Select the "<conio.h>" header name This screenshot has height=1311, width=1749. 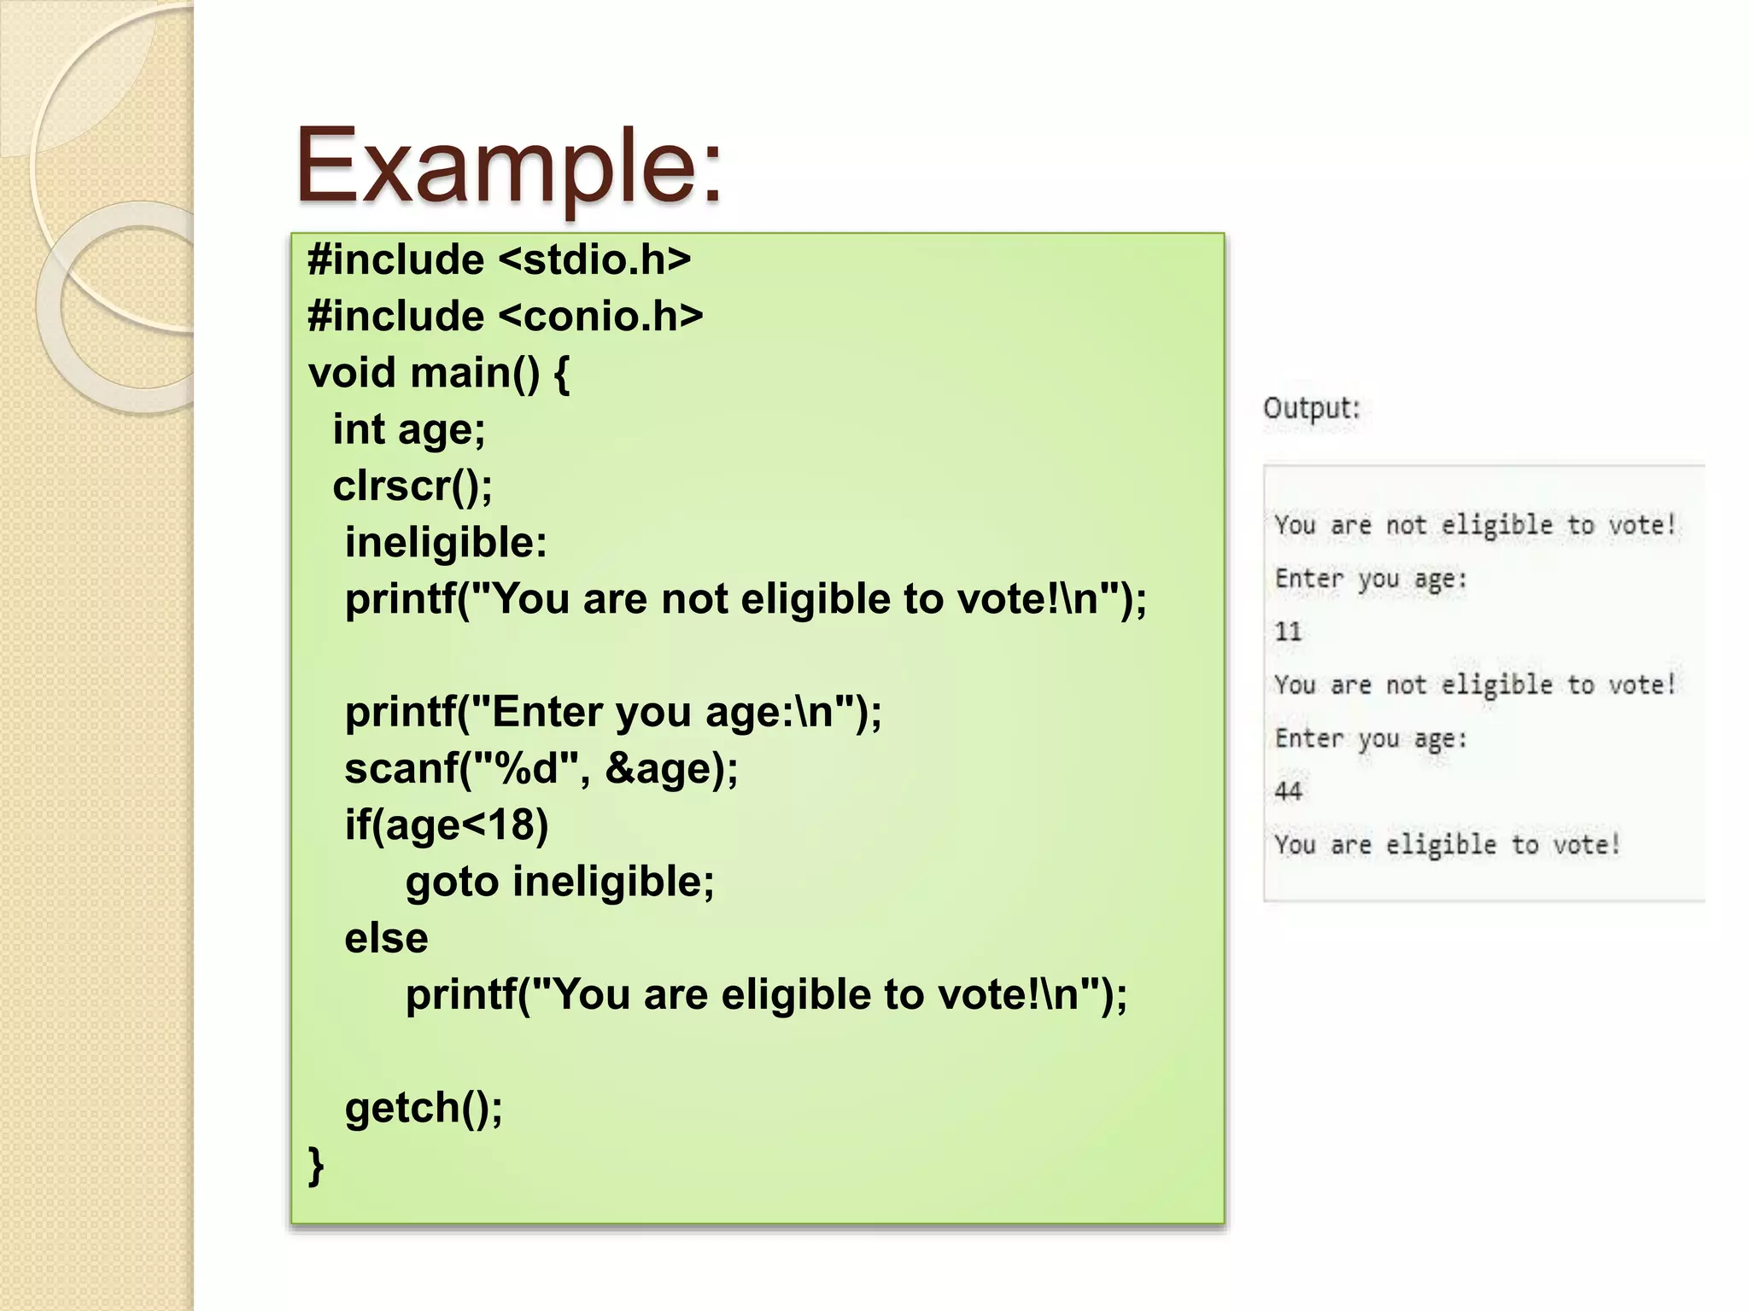pos(600,316)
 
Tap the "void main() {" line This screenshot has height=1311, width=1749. pos(439,373)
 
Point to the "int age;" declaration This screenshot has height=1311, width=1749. pos(409,429)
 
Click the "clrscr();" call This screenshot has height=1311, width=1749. pos(412,486)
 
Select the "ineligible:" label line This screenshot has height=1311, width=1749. pos(446,543)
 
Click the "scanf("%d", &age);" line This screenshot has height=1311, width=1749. pos(541,768)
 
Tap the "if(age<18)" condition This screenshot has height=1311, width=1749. pos(446,824)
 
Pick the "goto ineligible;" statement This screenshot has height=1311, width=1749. pos(560,882)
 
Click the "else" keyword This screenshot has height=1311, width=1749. pos(386,938)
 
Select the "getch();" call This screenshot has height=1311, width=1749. pos(424,1108)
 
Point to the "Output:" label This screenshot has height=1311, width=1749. pos(1311,408)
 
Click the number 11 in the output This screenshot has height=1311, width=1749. pos(1288,632)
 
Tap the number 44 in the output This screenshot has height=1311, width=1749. pos(1288,791)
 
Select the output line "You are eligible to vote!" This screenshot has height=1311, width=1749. pos(1447,845)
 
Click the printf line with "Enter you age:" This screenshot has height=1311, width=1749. pos(613,712)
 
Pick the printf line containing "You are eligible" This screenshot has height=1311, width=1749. pos(766,995)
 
